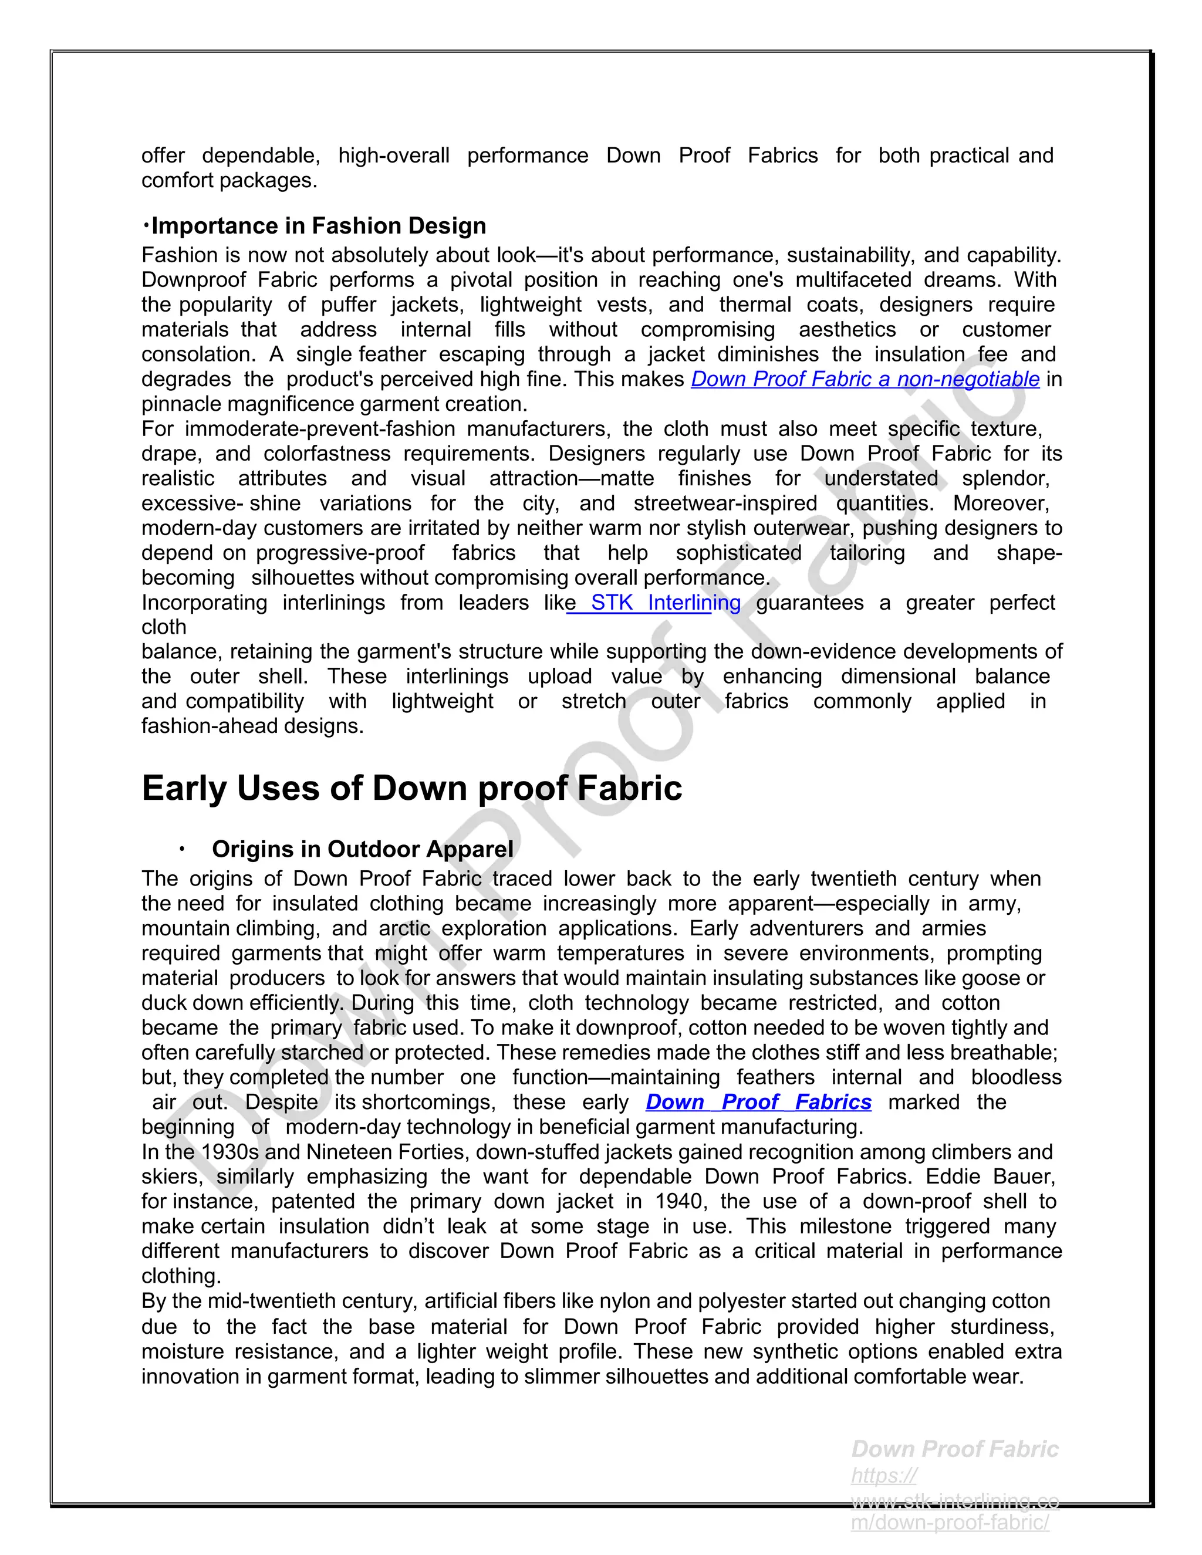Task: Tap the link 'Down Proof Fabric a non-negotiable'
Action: pos(865,379)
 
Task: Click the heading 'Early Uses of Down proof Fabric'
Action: pos(411,788)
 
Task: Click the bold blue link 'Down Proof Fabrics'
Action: pos(758,1101)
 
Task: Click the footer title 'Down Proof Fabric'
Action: pos(954,1449)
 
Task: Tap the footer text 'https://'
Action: pos(884,1475)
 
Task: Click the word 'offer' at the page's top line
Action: pos(163,155)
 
